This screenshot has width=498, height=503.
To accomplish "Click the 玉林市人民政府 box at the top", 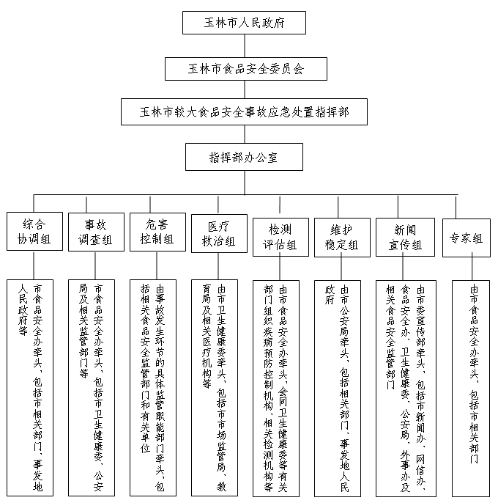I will (x=244, y=23).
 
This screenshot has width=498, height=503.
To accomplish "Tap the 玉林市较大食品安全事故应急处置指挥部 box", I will (x=244, y=111).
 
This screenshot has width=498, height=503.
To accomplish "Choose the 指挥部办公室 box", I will (x=244, y=156).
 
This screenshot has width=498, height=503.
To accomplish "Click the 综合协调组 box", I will (x=34, y=232).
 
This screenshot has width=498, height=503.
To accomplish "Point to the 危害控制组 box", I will (x=157, y=232).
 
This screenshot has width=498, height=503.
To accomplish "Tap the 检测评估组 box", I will (x=280, y=237).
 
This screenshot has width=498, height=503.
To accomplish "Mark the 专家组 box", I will (x=467, y=238).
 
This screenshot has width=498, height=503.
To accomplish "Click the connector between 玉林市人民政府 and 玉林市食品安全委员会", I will (x=244, y=45).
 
